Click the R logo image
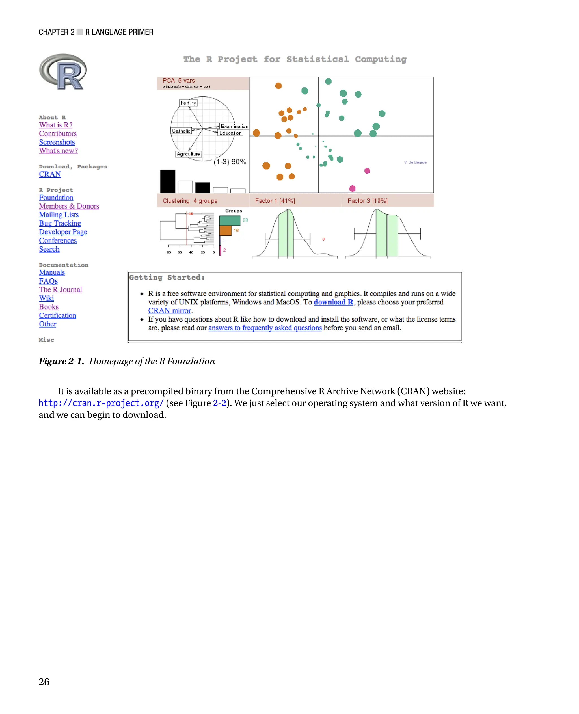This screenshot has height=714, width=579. [x=63, y=72]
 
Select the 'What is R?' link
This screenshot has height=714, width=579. [x=55, y=125]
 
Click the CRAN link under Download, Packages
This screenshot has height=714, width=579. [x=50, y=174]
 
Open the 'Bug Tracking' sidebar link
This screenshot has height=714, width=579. [x=60, y=223]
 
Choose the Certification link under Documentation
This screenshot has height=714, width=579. [x=57, y=315]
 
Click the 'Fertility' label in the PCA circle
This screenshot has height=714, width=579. [x=189, y=103]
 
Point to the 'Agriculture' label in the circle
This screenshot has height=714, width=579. [x=189, y=154]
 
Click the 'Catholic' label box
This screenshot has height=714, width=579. [x=181, y=131]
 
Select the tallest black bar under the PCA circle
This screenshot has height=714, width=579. [x=167, y=181]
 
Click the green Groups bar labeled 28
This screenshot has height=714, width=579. [x=230, y=220]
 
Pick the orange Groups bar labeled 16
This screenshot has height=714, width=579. [x=225, y=230]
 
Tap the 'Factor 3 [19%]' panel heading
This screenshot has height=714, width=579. [x=368, y=201]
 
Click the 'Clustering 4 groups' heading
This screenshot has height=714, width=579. [x=190, y=201]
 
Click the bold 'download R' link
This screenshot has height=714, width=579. [x=333, y=302]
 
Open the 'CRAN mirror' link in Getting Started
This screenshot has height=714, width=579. [x=169, y=311]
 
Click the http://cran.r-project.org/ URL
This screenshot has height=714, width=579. [x=101, y=403]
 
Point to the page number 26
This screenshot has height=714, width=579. [x=44, y=682]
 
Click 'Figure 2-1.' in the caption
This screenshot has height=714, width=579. [x=61, y=361]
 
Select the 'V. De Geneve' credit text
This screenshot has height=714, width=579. [x=415, y=163]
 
